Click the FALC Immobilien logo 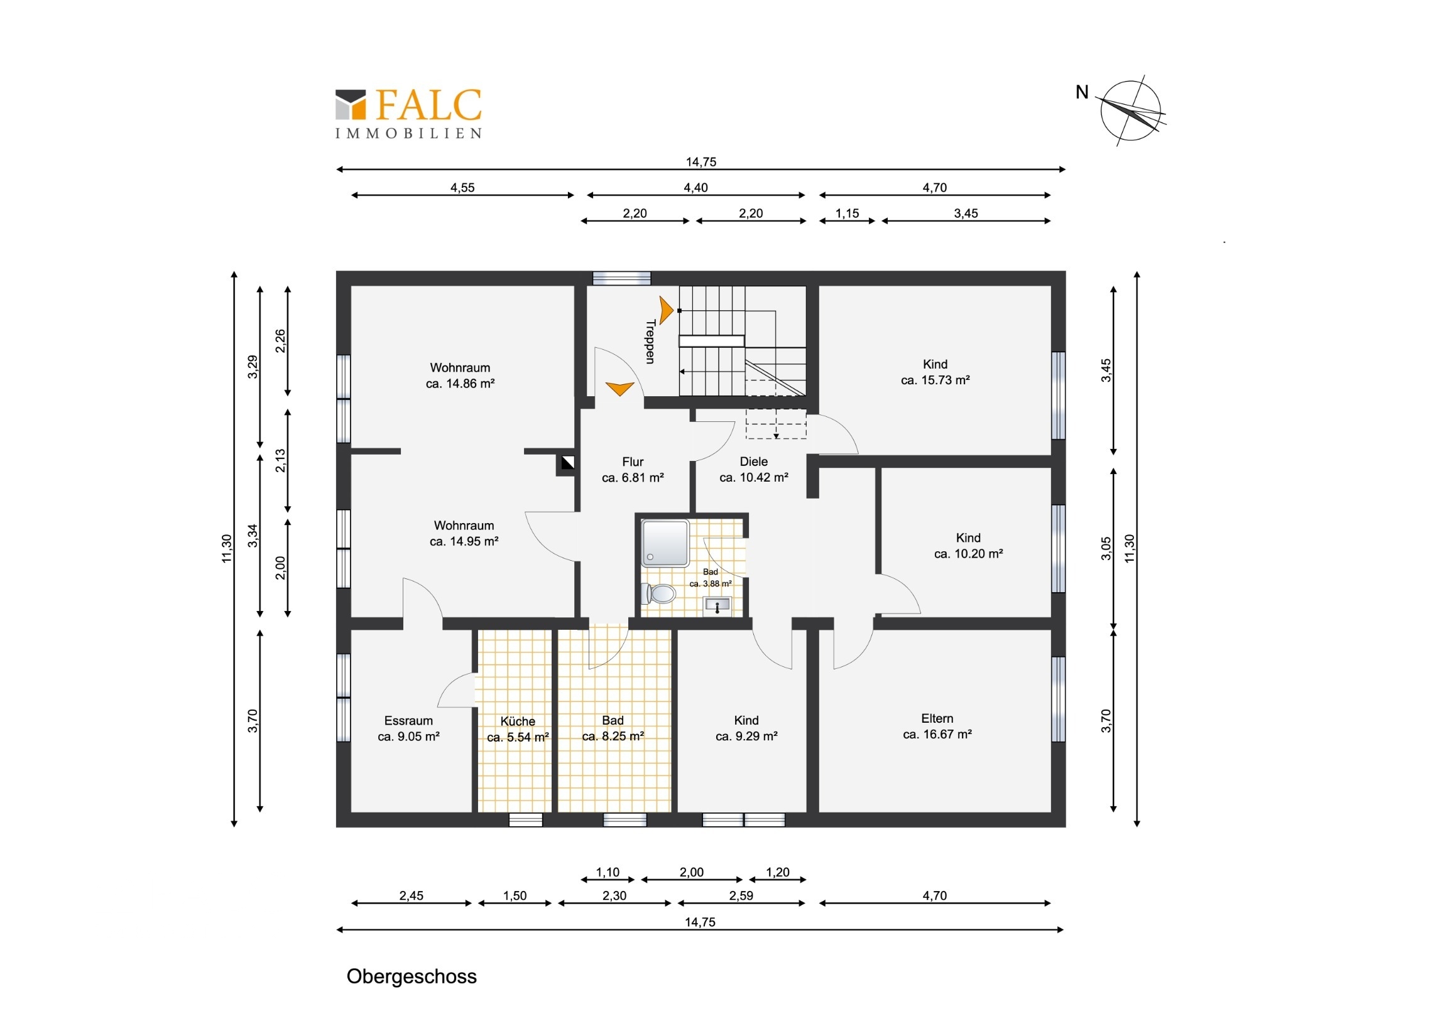(x=408, y=114)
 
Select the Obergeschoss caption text (x=412, y=976)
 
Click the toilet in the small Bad (x=658, y=593)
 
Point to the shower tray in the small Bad (x=665, y=543)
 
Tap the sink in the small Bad (x=717, y=606)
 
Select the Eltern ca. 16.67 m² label (x=937, y=726)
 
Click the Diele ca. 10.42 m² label (x=754, y=469)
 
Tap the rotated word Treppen (x=651, y=342)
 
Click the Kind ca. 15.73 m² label (x=935, y=372)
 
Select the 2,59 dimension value (x=741, y=895)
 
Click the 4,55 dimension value (x=462, y=188)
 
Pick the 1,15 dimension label (x=847, y=213)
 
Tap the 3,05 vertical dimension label (x=1106, y=548)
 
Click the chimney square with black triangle (x=568, y=463)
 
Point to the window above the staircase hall (x=622, y=278)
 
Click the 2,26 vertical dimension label (x=280, y=341)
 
